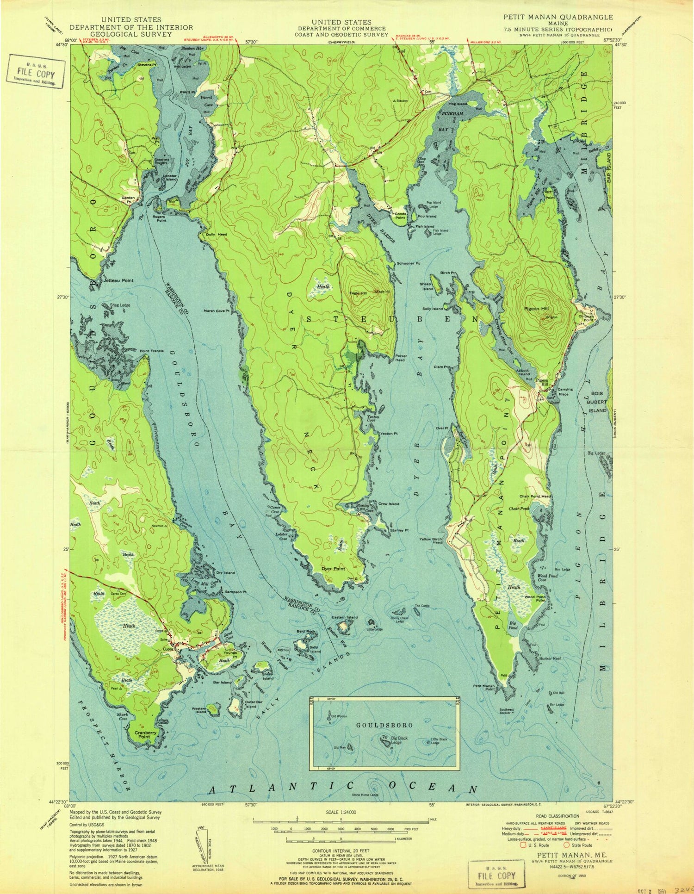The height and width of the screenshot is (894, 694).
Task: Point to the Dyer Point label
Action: pos(334,569)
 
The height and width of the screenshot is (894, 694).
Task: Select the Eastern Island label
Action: pos(345,617)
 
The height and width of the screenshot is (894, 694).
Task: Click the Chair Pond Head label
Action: pos(534,497)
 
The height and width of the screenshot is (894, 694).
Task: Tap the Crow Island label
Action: pos(389,503)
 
